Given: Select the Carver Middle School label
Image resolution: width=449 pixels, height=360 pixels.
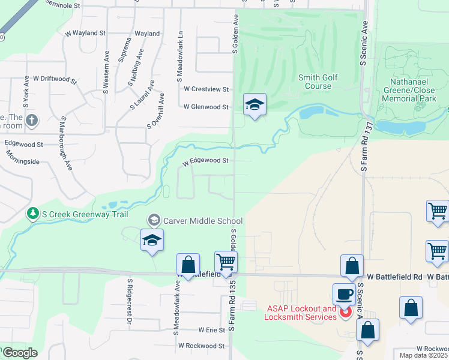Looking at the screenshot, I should (203, 221).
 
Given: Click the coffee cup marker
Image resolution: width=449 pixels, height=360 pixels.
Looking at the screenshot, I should (344, 294).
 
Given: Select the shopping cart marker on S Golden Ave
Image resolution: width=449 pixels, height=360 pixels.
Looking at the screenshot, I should (226, 262).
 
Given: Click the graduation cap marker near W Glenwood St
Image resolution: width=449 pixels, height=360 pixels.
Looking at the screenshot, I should (255, 105).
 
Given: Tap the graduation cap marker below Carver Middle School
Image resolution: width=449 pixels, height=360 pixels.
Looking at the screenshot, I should (152, 240).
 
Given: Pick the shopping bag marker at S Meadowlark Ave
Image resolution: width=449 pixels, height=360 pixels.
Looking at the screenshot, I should (188, 265).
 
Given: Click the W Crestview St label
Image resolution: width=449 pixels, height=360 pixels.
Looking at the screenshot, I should (206, 89).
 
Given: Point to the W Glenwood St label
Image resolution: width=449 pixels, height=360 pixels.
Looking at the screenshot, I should (206, 107).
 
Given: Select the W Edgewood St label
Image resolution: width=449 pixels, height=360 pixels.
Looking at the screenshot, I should (206, 161).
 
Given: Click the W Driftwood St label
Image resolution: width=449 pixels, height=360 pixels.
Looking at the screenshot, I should (55, 79).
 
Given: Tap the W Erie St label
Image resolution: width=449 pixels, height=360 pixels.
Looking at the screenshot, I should (211, 330).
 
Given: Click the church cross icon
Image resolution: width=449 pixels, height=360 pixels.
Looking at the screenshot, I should (32, 121).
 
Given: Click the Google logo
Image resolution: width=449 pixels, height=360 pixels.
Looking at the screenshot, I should (20, 353).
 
